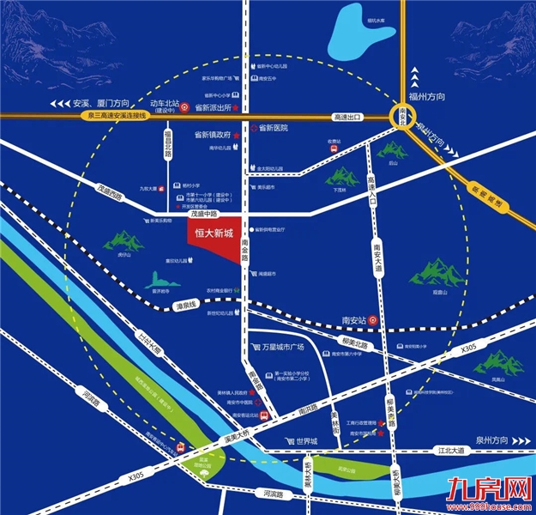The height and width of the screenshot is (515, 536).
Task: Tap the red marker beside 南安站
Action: (x=374, y=320)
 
